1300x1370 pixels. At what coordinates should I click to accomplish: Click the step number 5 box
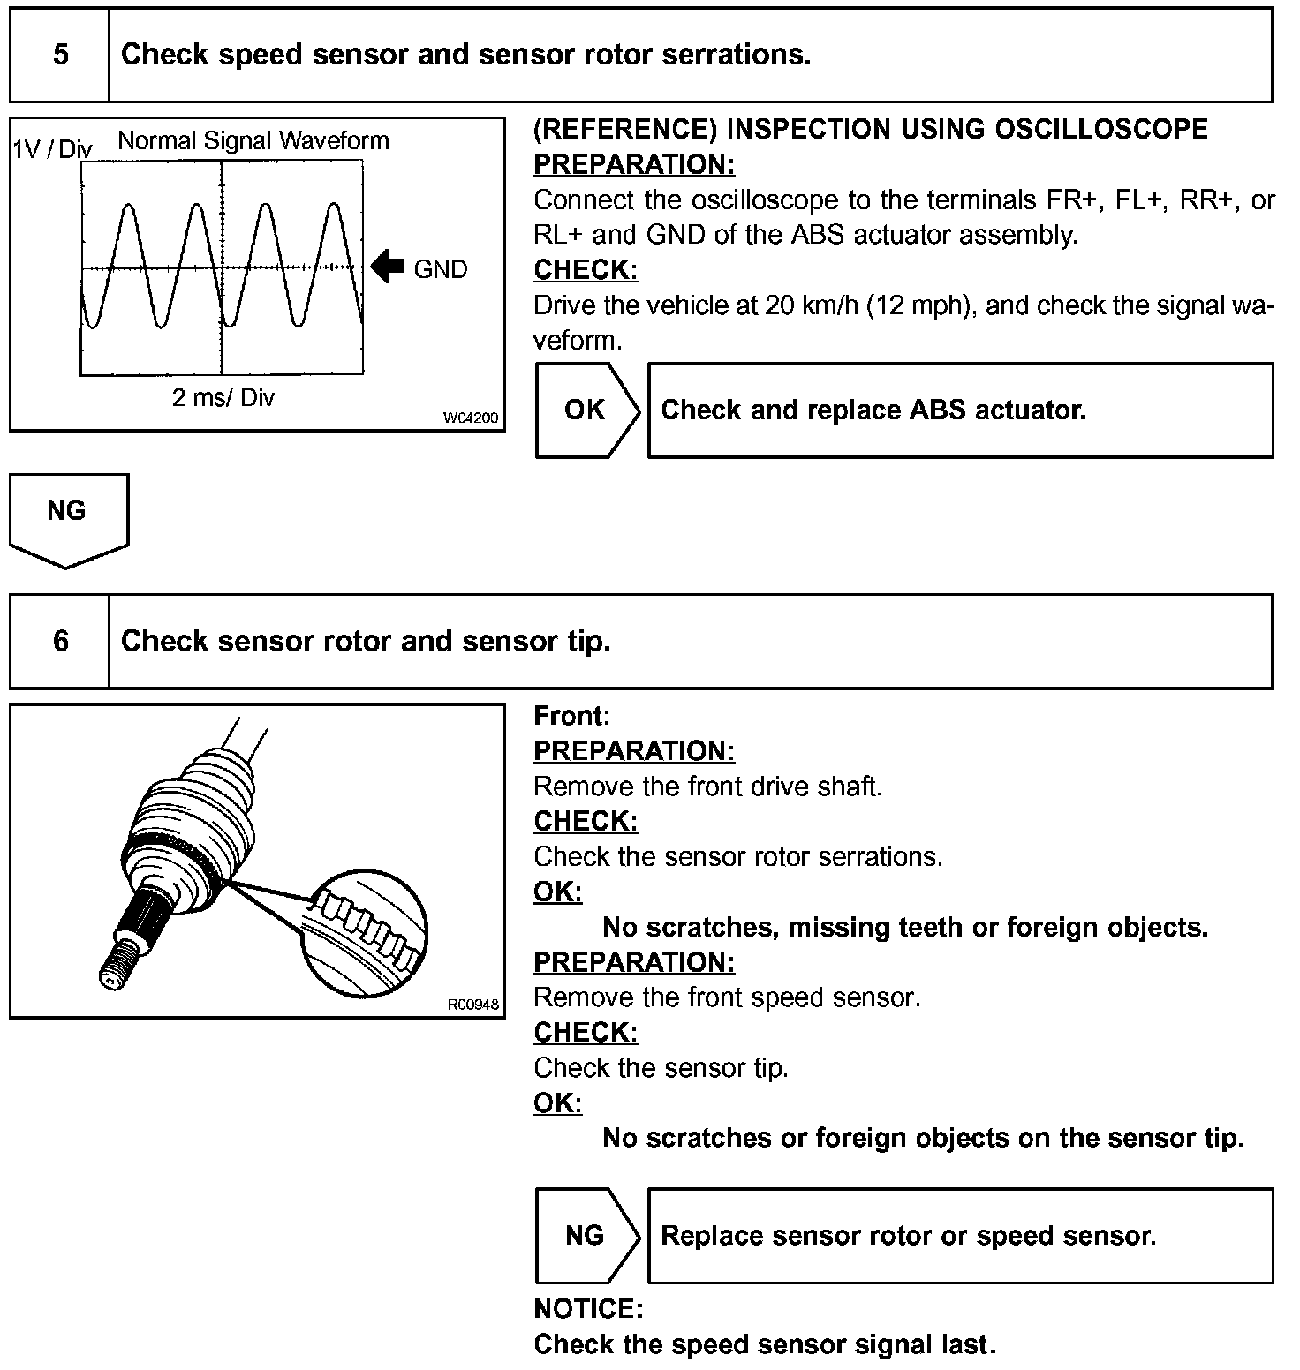(x=60, y=55)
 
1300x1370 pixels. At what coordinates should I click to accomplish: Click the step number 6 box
(x=60, y=641)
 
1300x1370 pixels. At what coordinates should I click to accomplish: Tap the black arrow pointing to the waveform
(x=387, y=267)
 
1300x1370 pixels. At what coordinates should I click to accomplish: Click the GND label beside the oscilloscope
(x=440, y=269)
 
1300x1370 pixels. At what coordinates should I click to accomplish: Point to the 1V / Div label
(x=51, y=149)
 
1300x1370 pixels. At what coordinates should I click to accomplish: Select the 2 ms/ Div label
(x=223, y=398)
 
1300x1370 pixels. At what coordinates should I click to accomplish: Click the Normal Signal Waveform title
(x=253, y=141)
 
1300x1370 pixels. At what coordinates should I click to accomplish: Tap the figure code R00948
(x=472, y=1005)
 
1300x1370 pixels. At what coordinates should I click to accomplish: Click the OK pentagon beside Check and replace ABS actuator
(x=586, y=410)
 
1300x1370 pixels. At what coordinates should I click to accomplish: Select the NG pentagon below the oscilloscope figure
(x=67, y=516)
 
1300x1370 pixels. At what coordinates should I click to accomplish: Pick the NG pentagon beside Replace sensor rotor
(x=586, y=1235)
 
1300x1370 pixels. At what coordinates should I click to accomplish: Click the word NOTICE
(x=588, y=1309)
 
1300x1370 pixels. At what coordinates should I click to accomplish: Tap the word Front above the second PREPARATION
(x=571, y=716)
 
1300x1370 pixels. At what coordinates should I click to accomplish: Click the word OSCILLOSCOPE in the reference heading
(x=1100, y=130)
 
